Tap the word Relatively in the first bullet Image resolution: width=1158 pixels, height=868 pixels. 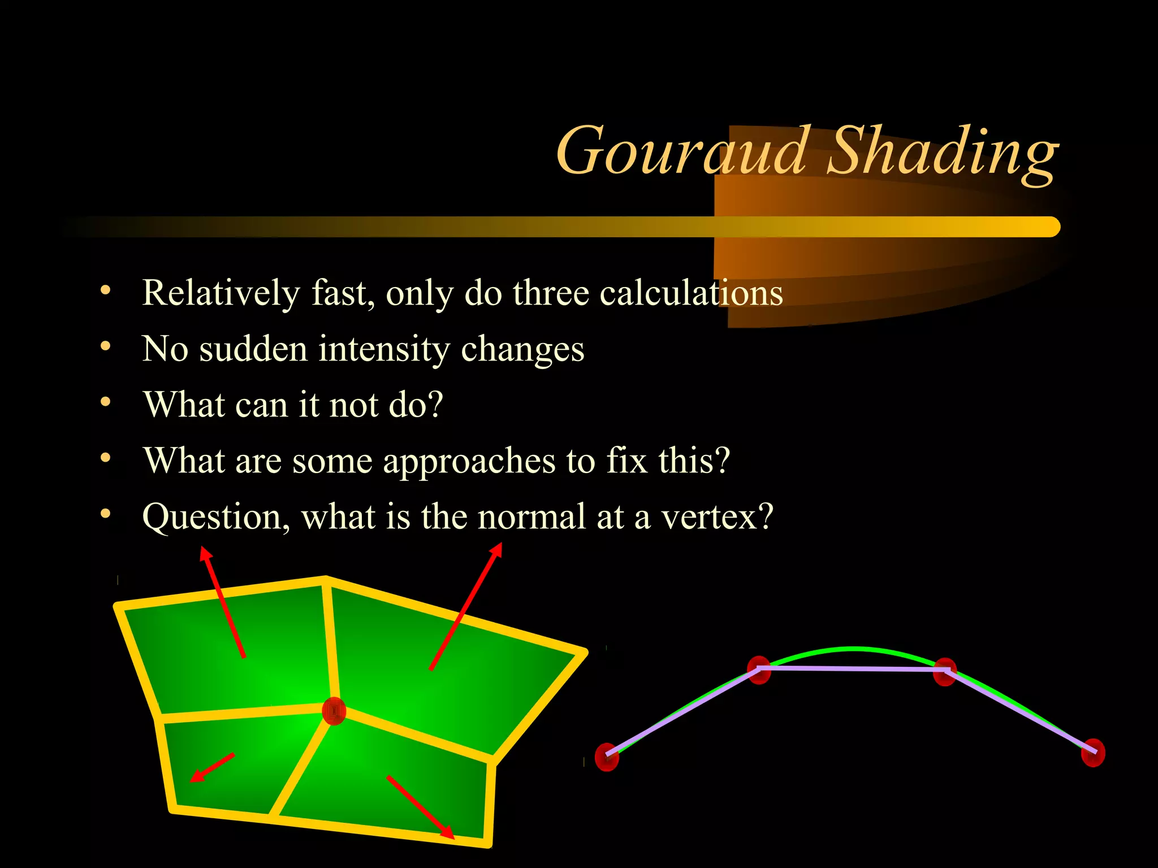pos(221,294)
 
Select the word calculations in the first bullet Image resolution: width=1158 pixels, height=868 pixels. pos(691,294)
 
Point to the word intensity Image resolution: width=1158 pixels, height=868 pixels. pos(384,349)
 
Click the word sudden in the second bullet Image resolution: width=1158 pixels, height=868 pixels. pos(253,349)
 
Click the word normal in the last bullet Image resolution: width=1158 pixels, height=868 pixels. pos(532,517)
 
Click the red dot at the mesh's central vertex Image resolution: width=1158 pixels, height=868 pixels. pos(334,711)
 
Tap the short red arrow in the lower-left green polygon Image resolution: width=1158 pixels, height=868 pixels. pos(211,768)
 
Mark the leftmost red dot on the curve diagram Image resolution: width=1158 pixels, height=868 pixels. pos(607,757)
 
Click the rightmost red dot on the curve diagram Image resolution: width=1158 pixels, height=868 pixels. pos(1092,752)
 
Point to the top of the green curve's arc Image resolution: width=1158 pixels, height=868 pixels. pos(854,648)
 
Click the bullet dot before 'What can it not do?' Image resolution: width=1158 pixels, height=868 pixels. pos(105,402)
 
